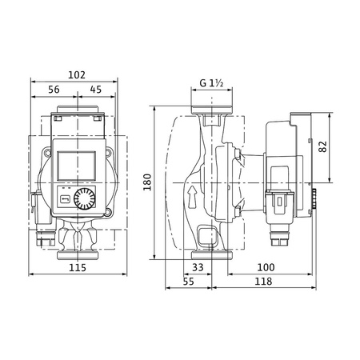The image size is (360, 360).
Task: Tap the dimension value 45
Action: point(96,90)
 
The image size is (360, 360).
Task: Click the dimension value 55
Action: point(189,282)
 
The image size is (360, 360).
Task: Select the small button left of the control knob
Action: point(64,198)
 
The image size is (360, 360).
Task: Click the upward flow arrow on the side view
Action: point(192,195)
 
